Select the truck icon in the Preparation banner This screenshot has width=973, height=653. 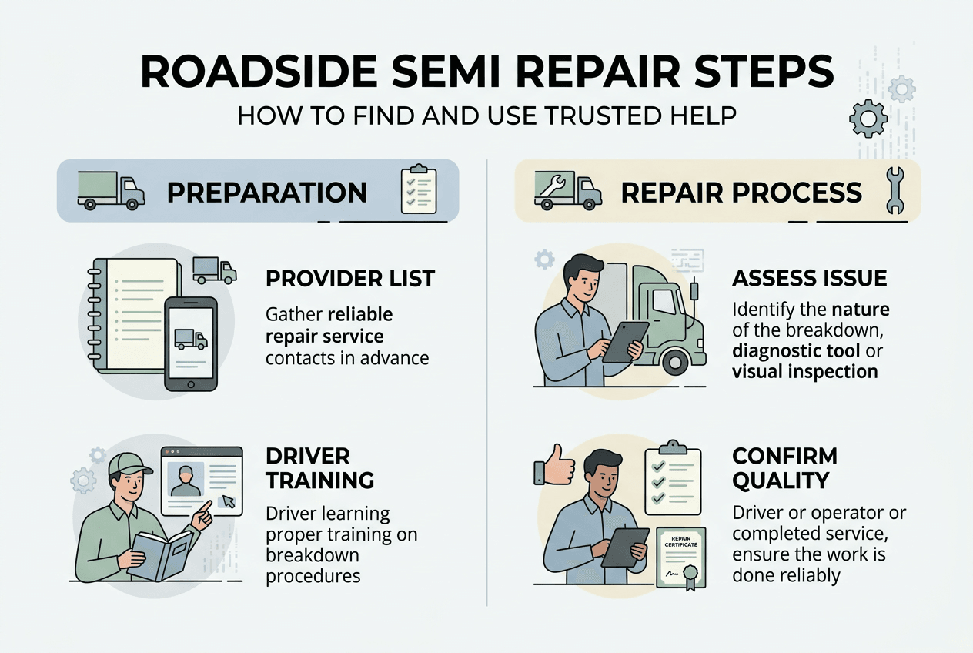click(111, 191)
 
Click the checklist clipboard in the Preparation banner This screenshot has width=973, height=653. click(418, 189)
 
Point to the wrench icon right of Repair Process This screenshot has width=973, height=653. click(894, 190)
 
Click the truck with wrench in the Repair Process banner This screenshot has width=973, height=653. click(568, 190)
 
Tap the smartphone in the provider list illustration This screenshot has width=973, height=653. click(191, 344)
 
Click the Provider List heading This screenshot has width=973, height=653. click(349, 279)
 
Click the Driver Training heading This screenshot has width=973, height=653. click(319, 467)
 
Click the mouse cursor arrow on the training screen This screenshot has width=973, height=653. click(228, 502)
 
